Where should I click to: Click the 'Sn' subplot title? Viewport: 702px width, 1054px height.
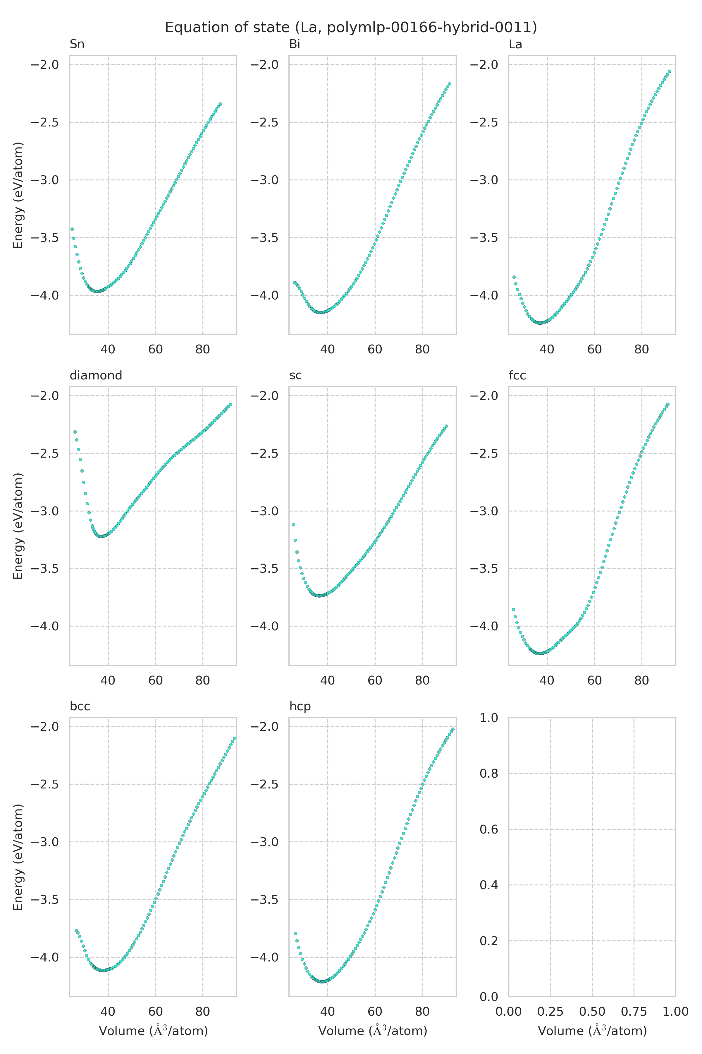click(x=77, y=45)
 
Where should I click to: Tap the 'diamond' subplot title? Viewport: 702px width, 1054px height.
click(x=96, y=376)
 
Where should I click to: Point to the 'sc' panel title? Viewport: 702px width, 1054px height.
click(x=295, y=376)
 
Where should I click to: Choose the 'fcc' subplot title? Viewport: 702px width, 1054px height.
click(x=517, y=376)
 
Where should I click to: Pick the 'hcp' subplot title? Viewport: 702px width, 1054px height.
click(x=300, y=707)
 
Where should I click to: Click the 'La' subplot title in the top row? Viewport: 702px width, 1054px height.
click(x=515, y=45)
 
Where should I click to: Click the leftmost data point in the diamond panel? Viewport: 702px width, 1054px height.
click(x=75, y=432)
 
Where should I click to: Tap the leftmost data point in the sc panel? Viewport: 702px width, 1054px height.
click(x=293, y=525)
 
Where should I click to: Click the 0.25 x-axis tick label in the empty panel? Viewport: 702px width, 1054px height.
click(x=550, y=1012)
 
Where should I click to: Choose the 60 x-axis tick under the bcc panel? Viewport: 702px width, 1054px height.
click(x=155, y=1012)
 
